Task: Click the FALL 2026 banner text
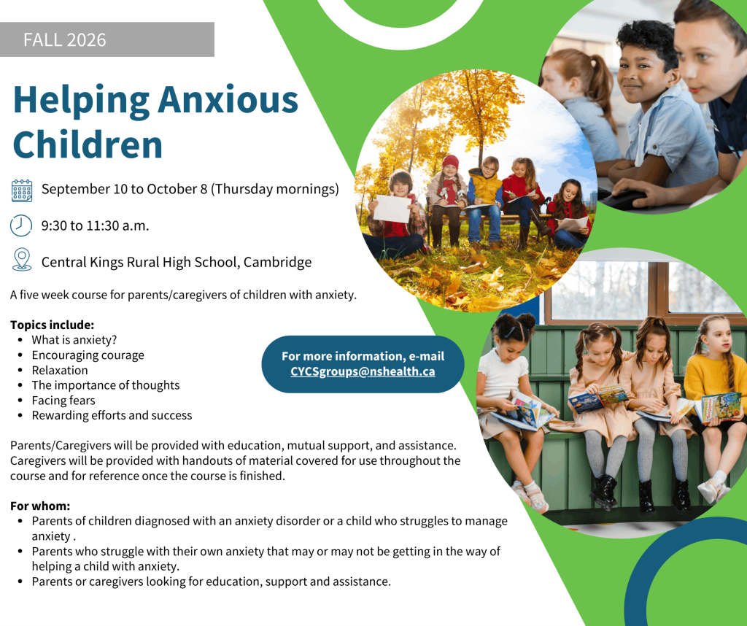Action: click(65, 40)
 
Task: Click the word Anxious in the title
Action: click(228, 101)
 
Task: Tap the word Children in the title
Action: click(88, 145)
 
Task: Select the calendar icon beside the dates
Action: click(22, 190)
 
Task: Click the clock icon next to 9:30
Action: click(21, 225)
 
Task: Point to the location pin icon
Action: click(22, 260)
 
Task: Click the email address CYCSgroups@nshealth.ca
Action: click(363, 371)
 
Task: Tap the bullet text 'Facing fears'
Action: click(63, 400)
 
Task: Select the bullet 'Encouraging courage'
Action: click(88, 355)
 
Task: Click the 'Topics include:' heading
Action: click(53, 325)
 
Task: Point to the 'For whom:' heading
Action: click(40, 506)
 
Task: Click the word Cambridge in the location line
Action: click(277, 262)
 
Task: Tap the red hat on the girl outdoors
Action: click(450, 162)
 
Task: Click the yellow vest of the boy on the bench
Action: click(484, 188)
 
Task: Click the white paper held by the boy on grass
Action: click(392, 208)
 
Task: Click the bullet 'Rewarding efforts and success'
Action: click(112, 415)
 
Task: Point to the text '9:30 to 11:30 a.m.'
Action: click(96, 226)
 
